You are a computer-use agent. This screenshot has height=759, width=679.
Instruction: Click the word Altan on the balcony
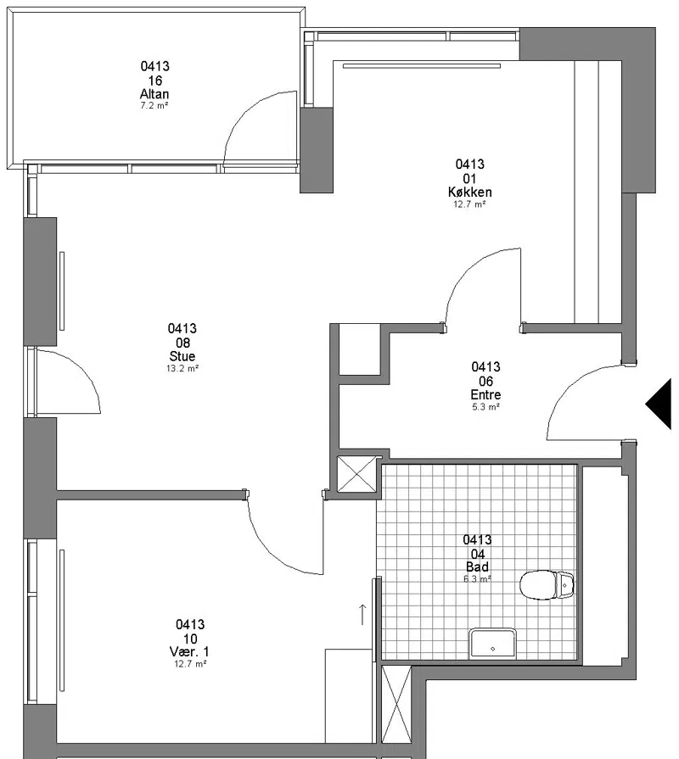point(154,94)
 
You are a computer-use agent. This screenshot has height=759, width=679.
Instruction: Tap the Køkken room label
point(469,193)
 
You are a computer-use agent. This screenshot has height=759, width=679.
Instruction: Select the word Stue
point(182,356)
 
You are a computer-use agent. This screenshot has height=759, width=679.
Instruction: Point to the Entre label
point(485,394)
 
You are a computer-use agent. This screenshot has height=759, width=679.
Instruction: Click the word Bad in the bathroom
point(477,566)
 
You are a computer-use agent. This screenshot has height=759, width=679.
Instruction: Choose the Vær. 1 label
point(190,651)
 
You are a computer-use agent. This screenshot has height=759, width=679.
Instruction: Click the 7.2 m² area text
point(154,105)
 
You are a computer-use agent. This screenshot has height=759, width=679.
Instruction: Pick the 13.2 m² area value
point(182,368)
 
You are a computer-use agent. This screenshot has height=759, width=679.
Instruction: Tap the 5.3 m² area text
point(485,407)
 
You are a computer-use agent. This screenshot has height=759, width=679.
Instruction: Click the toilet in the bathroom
point(547,585)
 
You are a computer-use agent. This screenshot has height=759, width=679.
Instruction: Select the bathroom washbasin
point(493,643)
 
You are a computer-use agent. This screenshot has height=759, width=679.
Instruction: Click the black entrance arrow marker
point(659,405)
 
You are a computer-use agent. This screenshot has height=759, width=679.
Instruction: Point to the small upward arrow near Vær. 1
point(362,614)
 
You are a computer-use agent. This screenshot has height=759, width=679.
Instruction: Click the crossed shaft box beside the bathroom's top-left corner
point(357,474)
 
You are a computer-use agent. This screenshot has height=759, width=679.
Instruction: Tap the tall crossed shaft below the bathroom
point(396,705)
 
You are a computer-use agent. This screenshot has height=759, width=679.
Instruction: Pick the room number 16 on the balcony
point(155,81)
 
